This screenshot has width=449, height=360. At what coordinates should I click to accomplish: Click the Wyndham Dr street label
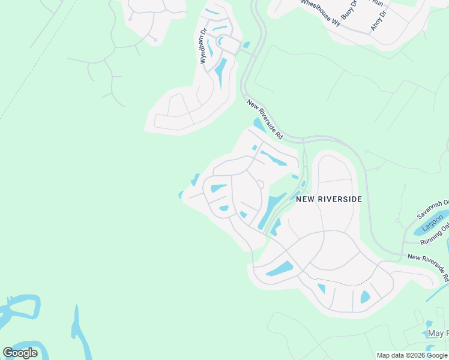(x=203, y=46)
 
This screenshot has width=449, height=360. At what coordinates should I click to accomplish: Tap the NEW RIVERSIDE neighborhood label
(x=329, y=198)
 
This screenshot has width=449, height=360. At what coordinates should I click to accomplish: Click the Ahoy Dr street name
(x=379, y=18)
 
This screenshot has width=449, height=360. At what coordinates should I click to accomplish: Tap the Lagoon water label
(x=432, y=223)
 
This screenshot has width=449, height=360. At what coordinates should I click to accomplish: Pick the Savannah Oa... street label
(x=432, y=209)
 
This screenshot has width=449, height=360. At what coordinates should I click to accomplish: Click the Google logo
(x=20, y=353)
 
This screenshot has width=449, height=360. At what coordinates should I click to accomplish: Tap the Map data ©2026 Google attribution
(x=412, y=355)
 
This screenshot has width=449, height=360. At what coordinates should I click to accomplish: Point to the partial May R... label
(x=438, y=334)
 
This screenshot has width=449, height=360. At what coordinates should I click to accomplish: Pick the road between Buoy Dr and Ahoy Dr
(x=366, y=18)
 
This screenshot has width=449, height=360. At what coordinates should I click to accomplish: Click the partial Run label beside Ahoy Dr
(x=377, y=3)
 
